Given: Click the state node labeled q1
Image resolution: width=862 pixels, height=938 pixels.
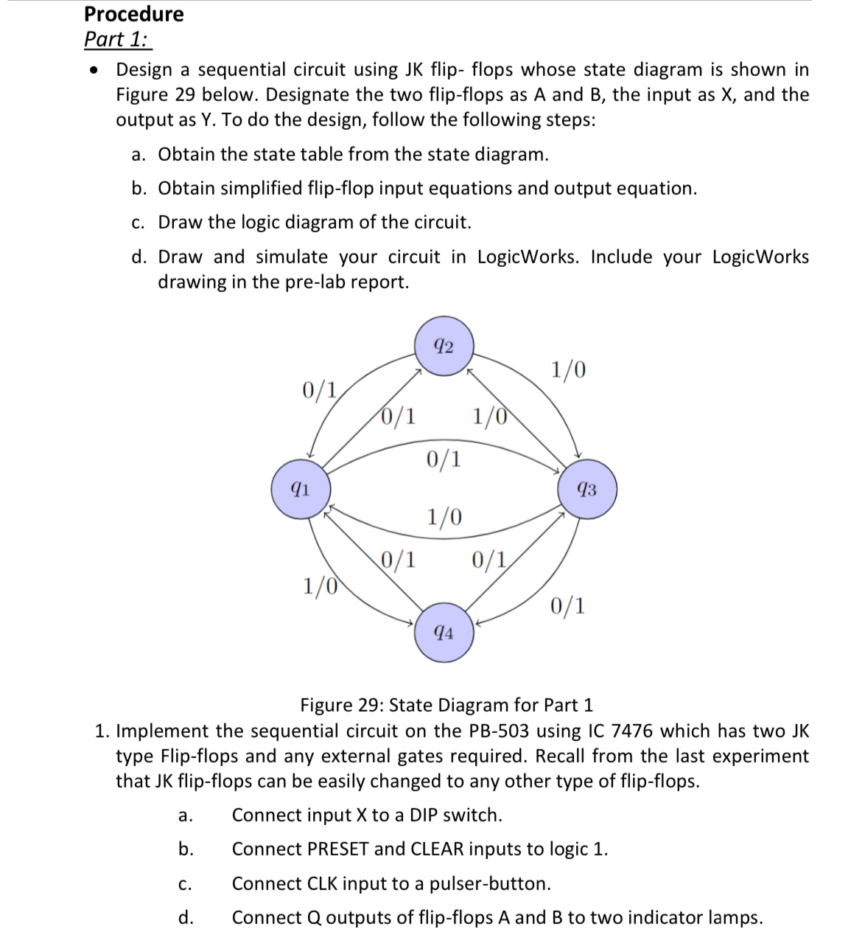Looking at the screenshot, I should pyautogui.click(x=300, y=489).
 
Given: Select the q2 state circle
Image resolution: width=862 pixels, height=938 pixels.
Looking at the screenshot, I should pyautogui.click(x=444, y=346).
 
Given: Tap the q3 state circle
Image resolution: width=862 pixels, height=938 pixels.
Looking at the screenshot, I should pyautogui.click(x=587, y=489).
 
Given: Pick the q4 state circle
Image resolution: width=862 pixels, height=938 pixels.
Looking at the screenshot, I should pyautogui.click(x=444, y=633).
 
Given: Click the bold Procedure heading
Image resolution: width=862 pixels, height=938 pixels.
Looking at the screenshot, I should pyautogui.click(x=134, y=14).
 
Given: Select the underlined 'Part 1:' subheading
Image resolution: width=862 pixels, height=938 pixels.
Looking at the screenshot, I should pyautogui.click(x=117, y=39).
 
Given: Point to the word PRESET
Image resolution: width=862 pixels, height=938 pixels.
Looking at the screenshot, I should pyautogui.click(x=337, y=850).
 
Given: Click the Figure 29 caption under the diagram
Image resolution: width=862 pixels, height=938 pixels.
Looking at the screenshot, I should pyautogui.click(x=446, y=705).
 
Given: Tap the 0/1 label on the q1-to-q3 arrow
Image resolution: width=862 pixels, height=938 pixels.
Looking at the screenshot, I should pyautogui.click(x=444, y=459).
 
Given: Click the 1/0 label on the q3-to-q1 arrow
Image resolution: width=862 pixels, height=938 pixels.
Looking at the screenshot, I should pyautogui.click(x=444, y=516).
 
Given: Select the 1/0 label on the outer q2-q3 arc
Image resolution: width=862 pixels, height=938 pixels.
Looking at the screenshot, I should pyautogui.click(x=569, y=369).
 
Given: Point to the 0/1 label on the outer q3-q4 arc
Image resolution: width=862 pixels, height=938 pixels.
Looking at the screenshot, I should pyautogui.click(x=568, y=607).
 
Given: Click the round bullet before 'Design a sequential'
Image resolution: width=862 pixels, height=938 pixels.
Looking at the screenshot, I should pyautogui.click(x=94, y=71).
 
